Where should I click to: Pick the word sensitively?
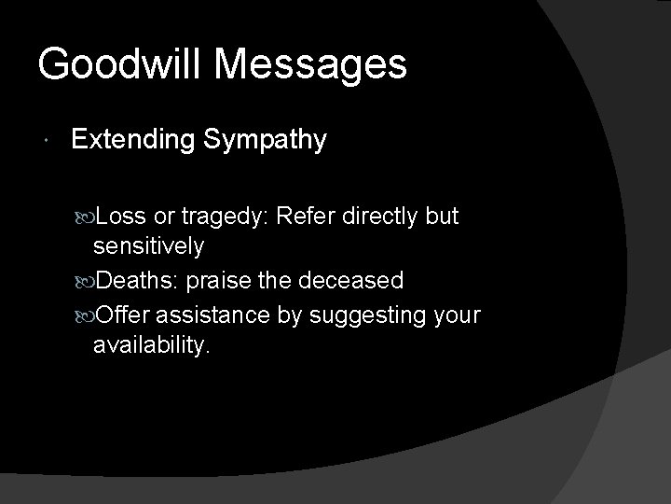148,247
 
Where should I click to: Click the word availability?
152,346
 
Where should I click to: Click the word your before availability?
458,315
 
